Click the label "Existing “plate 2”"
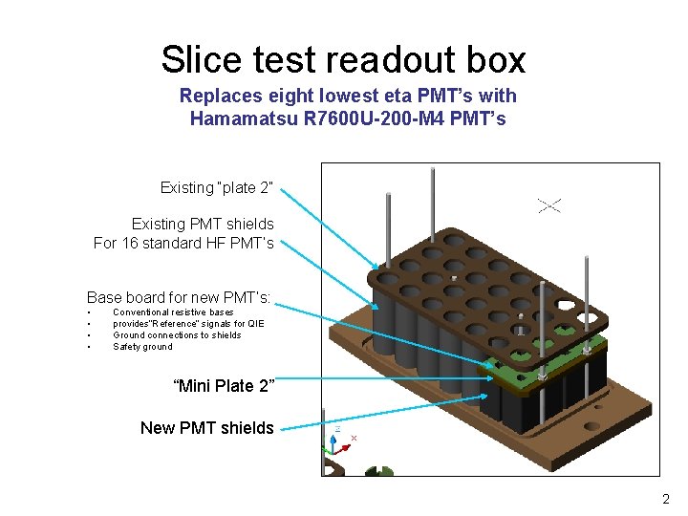click(x=217, y=187)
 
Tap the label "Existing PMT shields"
click(x=203, y=225)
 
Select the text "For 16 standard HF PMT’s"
click(x=183, y=244)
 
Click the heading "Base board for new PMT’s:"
click(x=179, y=297)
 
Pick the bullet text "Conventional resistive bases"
click(x=173, y=312)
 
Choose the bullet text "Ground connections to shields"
click(x=177, y=335)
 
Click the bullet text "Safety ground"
click(x=142, y=347)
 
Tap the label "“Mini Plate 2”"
click(x=223, y=386)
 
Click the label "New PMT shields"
click(x=206, y=428)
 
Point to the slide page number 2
click(x=666, y=499)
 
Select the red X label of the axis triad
click(x=354, y=438)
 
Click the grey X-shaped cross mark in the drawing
click(x=549, y=204)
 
